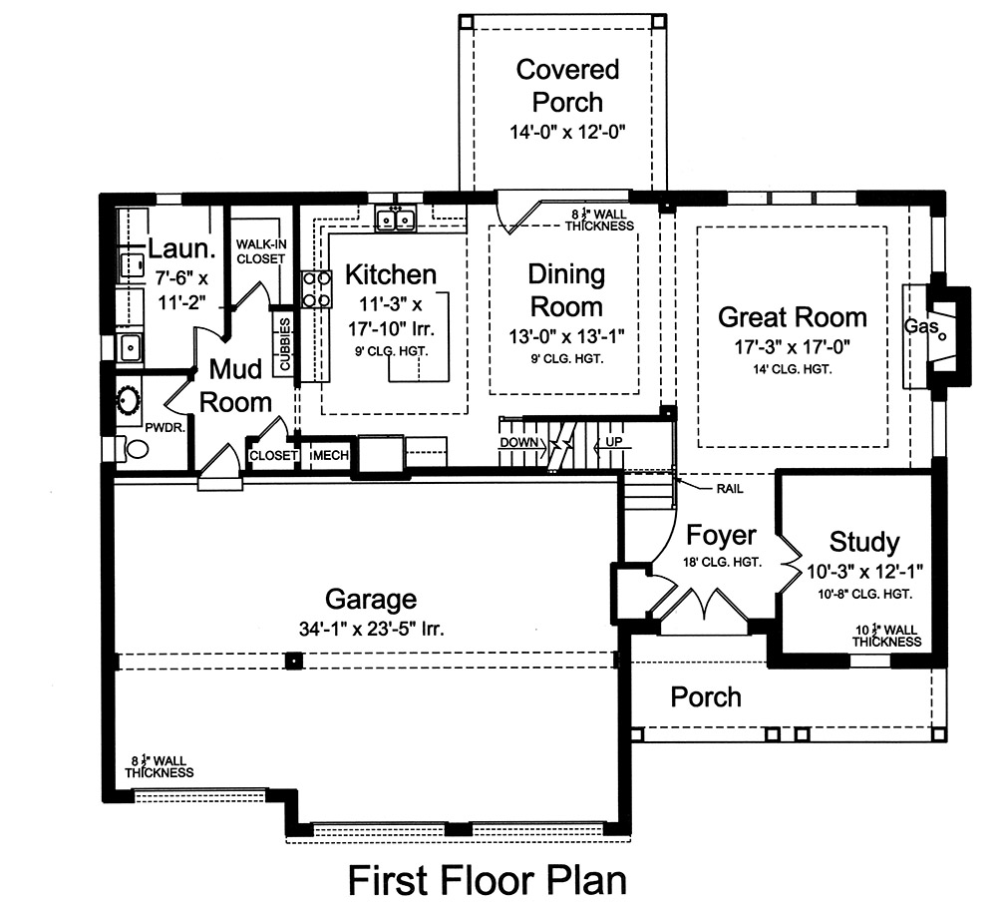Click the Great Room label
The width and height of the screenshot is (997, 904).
793,317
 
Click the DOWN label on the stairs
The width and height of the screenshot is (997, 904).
519,442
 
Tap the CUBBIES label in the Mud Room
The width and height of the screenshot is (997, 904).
285,345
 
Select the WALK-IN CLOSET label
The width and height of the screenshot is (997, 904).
260,251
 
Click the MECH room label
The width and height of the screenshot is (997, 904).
330,456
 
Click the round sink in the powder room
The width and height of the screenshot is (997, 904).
129,401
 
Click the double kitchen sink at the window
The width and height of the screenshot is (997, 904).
396,220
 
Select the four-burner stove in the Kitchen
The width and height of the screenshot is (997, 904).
316,288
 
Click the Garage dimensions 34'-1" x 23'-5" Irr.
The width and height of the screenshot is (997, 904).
370,630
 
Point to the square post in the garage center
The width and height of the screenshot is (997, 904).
293,661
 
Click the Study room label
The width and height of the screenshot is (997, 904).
863,543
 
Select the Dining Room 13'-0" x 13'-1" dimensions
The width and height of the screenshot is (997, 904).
565,338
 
